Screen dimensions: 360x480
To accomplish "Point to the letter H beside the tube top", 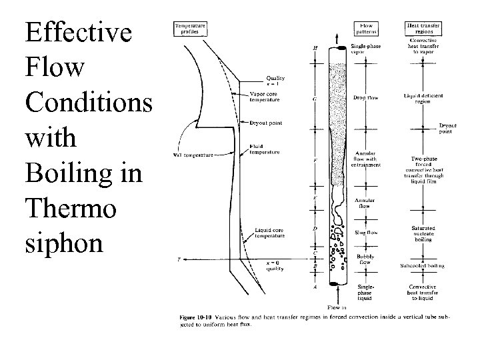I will (315, 48).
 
